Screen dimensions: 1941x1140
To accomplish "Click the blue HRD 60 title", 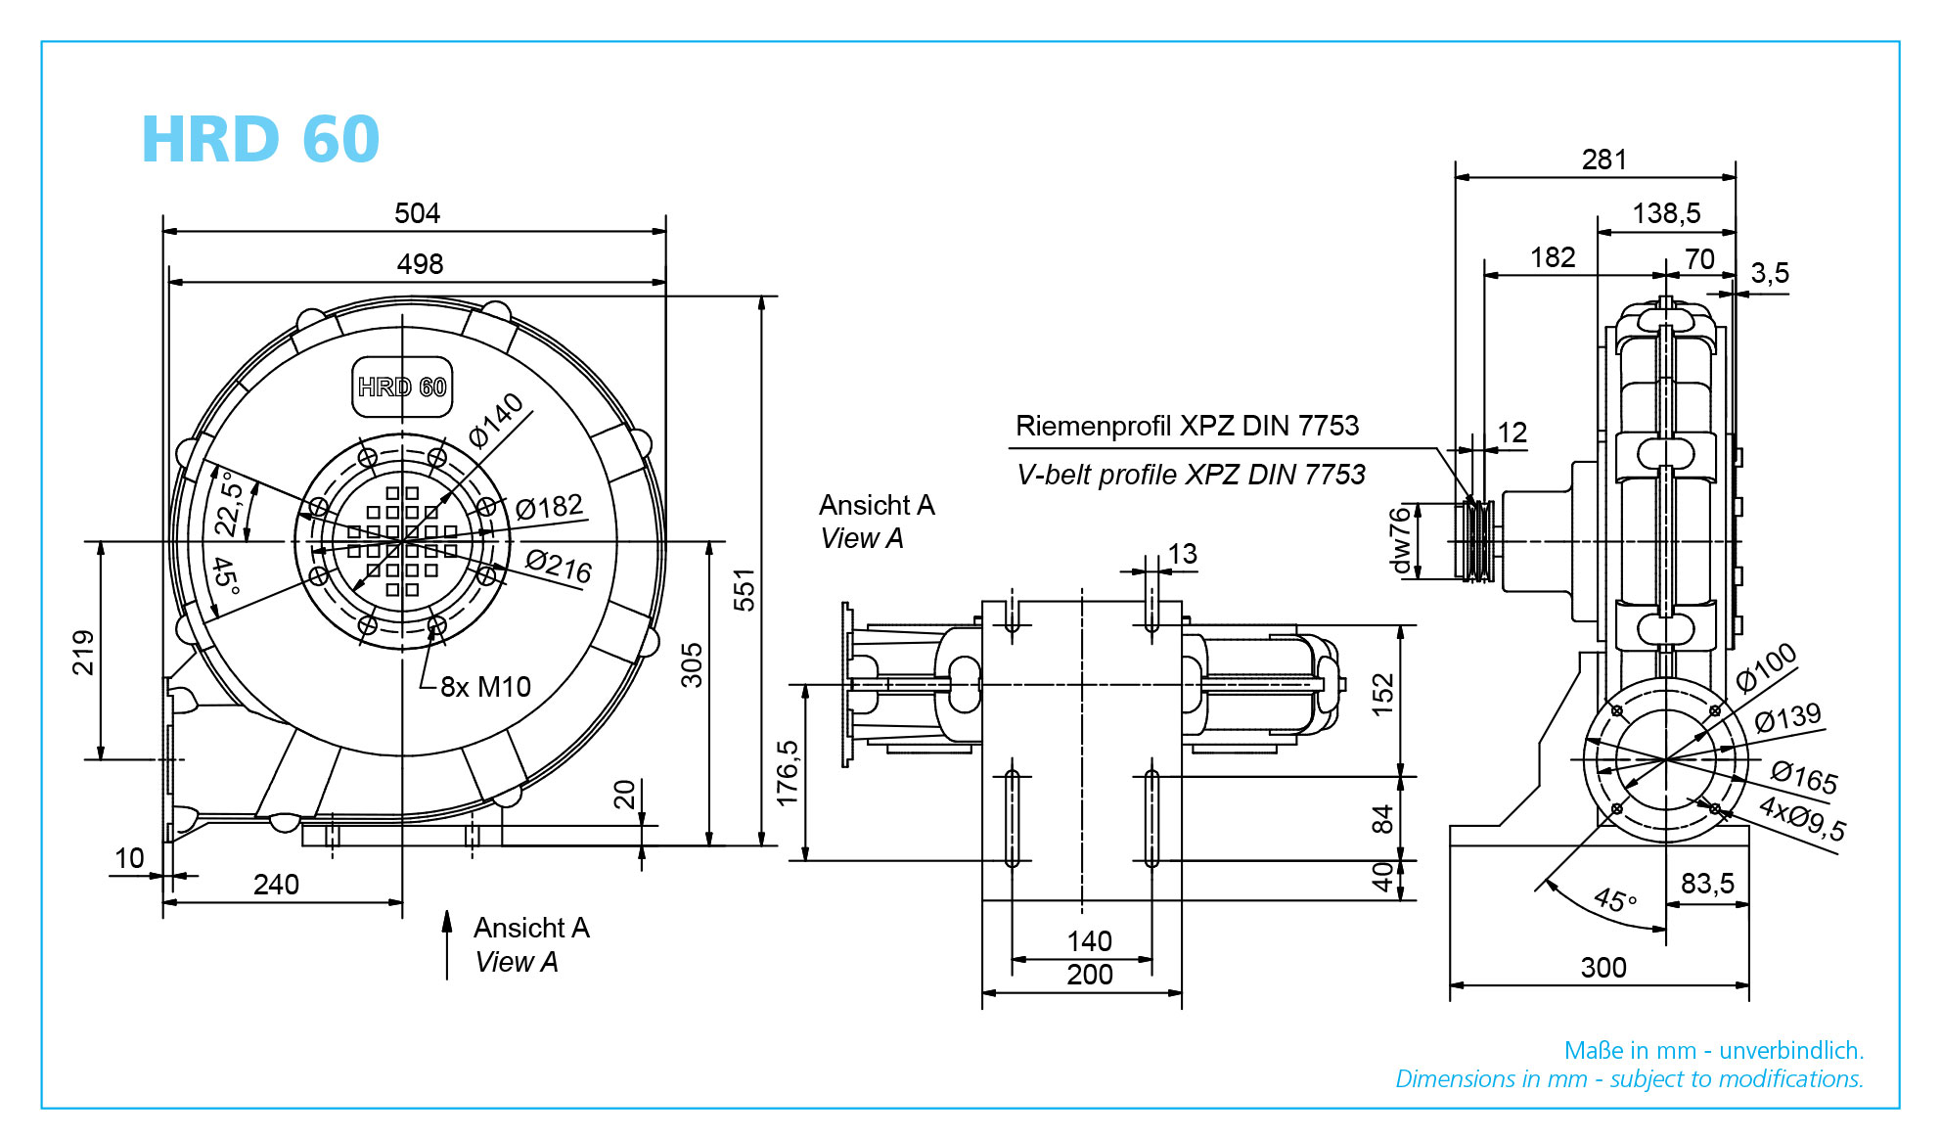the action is [260, 139].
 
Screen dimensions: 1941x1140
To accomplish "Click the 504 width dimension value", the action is [417, 213].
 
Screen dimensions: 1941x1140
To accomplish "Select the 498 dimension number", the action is [420, 264].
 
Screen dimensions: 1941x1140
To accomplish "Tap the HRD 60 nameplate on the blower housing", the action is [402, 388].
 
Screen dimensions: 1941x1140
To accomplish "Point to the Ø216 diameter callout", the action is [559, 566].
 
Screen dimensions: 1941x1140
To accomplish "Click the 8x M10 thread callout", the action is [485, 687].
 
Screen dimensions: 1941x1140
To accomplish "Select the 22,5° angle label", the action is [229, 503].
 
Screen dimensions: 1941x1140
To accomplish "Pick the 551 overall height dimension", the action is [745, 590].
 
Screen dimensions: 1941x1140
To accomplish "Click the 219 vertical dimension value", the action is [83, 653].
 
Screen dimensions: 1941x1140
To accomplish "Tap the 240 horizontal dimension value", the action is [276, 885].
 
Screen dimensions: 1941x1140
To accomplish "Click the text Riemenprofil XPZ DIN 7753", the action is [1187, 426].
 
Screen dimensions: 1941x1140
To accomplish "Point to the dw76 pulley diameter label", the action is [1400, 539].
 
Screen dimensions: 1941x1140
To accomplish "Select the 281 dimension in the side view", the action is [1604, 160].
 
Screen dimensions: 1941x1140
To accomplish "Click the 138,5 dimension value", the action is [1666, 213].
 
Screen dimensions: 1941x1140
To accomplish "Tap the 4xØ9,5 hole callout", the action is [1802, 818].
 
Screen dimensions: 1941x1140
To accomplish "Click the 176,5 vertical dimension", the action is [787, 773].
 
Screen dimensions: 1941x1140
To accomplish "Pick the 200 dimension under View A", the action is [1090, 975].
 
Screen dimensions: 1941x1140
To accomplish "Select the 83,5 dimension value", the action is [1707, 884].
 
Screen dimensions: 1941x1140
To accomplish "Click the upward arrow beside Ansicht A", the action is [447, 944].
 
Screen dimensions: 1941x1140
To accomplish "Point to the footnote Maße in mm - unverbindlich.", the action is [1714, 1051].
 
